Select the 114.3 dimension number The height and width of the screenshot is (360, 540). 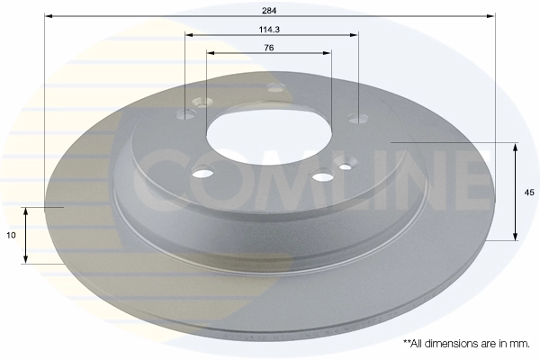coord(270,29)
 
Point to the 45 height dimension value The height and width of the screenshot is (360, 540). coord(529,192)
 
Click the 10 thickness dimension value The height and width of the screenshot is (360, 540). coord(10,235)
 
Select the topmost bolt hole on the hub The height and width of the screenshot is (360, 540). coord(276,87)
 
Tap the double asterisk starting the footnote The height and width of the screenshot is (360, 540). coord(407,343)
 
